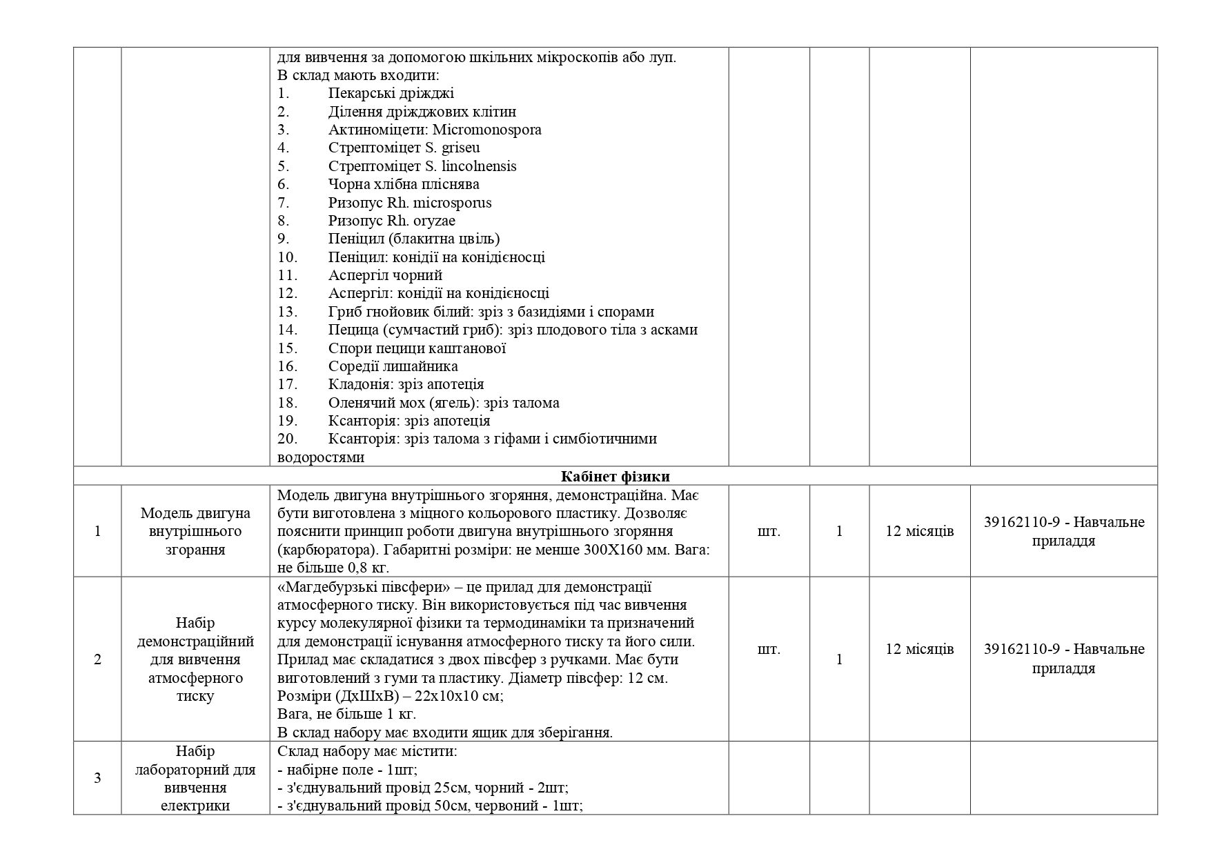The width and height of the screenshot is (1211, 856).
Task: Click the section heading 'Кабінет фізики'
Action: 615,477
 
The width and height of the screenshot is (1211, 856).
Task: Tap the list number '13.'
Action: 287,312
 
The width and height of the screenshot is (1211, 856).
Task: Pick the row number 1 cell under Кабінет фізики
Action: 97,531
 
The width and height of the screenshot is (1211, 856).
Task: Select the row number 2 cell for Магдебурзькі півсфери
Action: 97,659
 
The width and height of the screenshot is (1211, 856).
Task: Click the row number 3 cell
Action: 97,778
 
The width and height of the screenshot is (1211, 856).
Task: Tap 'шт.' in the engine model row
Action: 769,531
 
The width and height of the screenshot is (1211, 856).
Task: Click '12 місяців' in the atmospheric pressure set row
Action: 919,649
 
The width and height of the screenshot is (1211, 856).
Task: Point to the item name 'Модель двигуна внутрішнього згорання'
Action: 195,531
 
